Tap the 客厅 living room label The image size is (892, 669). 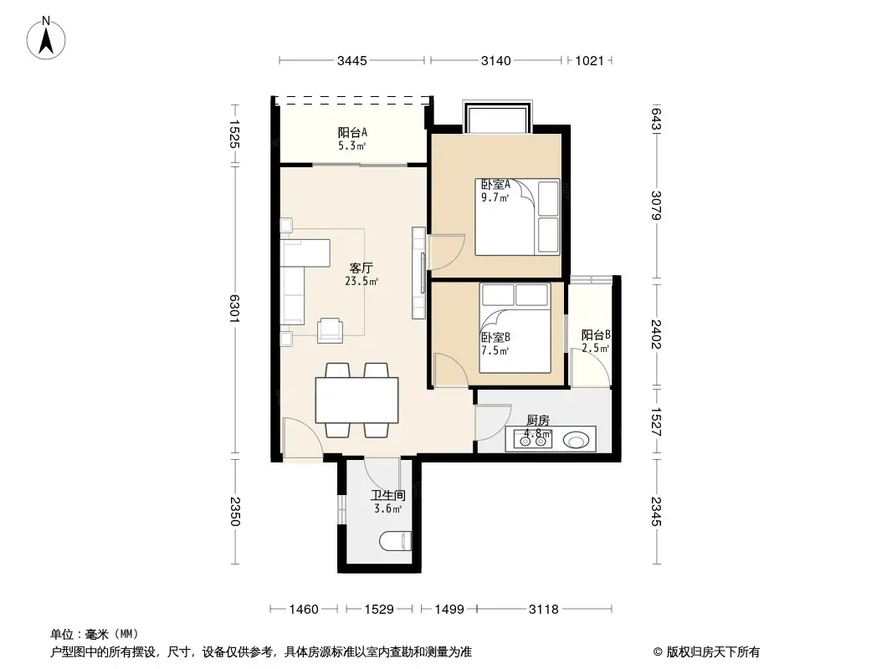[x=361, y=268]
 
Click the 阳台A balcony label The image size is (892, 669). [x=352, y=132]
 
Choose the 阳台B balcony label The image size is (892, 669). [x=595, y=335]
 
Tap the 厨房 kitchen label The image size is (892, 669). [x=538, y=421]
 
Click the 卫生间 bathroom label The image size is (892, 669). [x=387, y=495]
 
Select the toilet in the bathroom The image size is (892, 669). [x=396, y=542]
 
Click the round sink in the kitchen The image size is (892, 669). [x=576, y=439]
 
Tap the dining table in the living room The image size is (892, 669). [x=356, y=400]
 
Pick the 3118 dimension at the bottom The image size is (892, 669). [x=542, y=610]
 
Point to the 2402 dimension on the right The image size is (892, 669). [x=658, y=336]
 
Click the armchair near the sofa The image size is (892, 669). [x=330, y=329]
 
